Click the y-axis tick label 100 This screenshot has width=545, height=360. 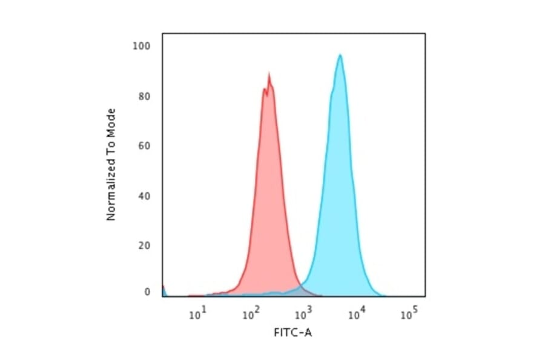coord(141,46)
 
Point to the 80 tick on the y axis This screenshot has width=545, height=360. coord(144,96)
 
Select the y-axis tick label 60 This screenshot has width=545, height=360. coord(144,145)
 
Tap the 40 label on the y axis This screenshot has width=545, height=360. coord(144,196)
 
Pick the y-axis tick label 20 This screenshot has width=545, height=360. coord(144,245)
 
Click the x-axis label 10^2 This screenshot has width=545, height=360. coord(251,313)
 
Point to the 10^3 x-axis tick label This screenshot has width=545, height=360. coord(304,313)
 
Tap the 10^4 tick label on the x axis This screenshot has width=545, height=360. coord(357,313)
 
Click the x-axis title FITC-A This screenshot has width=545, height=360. coord(294,332)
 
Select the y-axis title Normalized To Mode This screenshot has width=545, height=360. coord(111,164)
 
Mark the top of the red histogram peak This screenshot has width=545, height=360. coord(269,75)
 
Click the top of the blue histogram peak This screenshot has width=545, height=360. coord(340,55)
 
